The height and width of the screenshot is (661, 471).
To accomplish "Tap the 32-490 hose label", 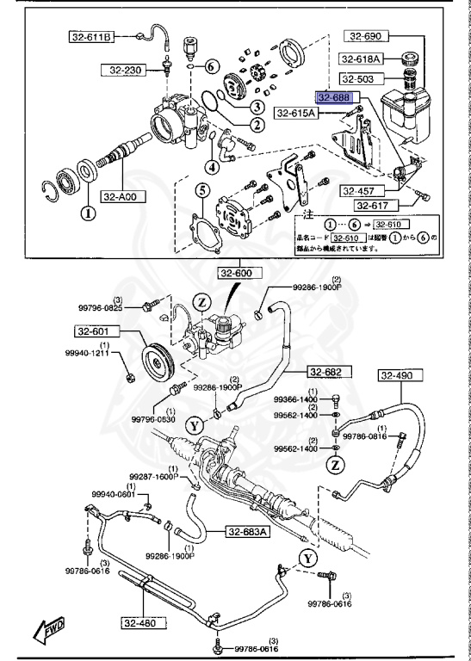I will [x=399, y=375].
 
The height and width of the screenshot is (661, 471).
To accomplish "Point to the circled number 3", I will [x=257, y=107].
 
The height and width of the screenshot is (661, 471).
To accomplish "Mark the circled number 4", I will [x=212, y=166].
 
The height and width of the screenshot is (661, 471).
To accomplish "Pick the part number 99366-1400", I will [x=296, y=400].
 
